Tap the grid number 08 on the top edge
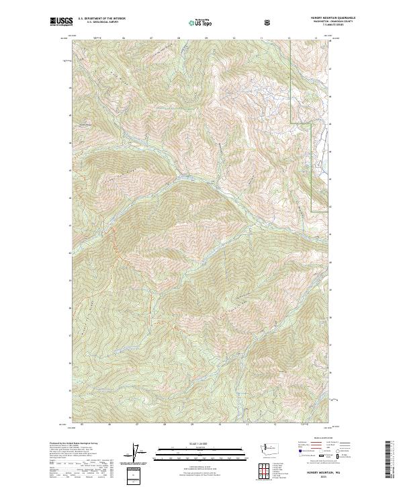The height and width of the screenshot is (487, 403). [x=179, y=38]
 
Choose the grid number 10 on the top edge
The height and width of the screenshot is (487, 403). [x=234, y=38]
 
